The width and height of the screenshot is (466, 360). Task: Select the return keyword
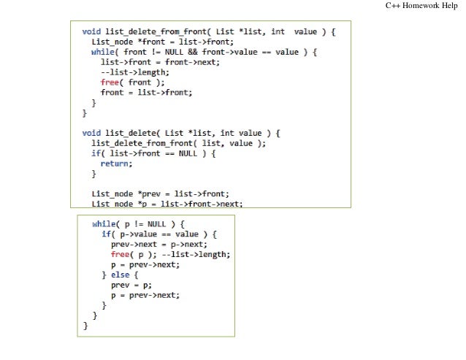[116, 164]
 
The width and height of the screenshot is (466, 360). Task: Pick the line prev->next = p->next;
[158, 244]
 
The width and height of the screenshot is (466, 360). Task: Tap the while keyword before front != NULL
[103, 52]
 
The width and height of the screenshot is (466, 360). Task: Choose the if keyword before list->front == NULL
[96, 154]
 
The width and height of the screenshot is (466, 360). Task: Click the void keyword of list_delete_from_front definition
[91, 31]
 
